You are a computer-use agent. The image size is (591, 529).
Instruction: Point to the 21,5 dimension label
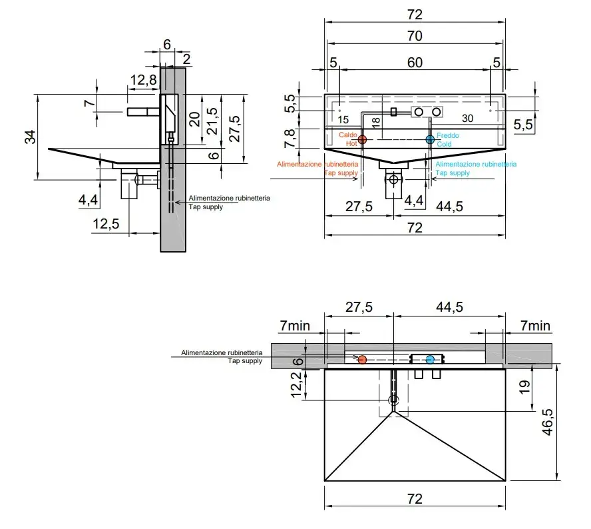[212, 121]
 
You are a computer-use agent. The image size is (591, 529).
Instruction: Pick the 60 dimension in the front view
[414, 63]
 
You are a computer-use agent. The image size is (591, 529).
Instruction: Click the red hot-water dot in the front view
[363, 140]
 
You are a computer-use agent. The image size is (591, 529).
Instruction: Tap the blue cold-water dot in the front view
[430, 140]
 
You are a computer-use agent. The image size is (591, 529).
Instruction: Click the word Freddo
[447, 135]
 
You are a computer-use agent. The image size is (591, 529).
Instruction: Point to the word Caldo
[348, 135]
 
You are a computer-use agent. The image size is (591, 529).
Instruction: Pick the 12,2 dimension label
[296, 384]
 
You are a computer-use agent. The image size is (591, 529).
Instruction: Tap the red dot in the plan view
[362, 360]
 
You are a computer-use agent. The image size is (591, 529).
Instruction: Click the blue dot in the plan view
[430, 360]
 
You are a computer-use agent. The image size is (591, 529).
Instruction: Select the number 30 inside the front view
[467, 119]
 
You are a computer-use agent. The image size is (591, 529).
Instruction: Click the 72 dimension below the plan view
[414, 498]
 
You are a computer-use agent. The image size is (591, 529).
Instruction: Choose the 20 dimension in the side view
[194, 120]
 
